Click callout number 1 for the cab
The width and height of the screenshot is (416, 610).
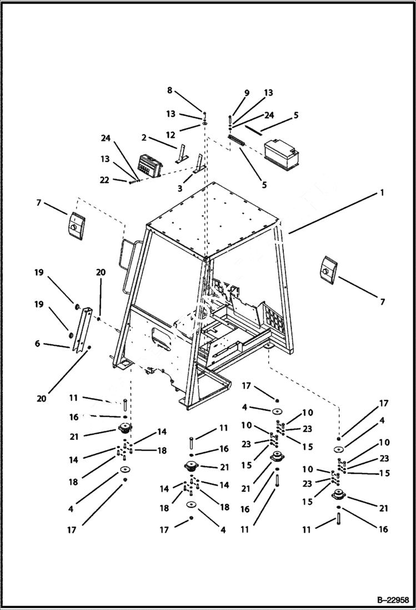click(x=382, y=192)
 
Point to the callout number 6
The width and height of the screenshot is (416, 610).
click(x=37, y=344)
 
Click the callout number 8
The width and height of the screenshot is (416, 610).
click(x=170, y=90)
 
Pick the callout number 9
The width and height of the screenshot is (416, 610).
click(x=247, y=93)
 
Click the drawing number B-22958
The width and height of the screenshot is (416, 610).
click(x=393, y=600)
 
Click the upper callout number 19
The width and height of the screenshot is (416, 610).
click(x=38, y=273)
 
